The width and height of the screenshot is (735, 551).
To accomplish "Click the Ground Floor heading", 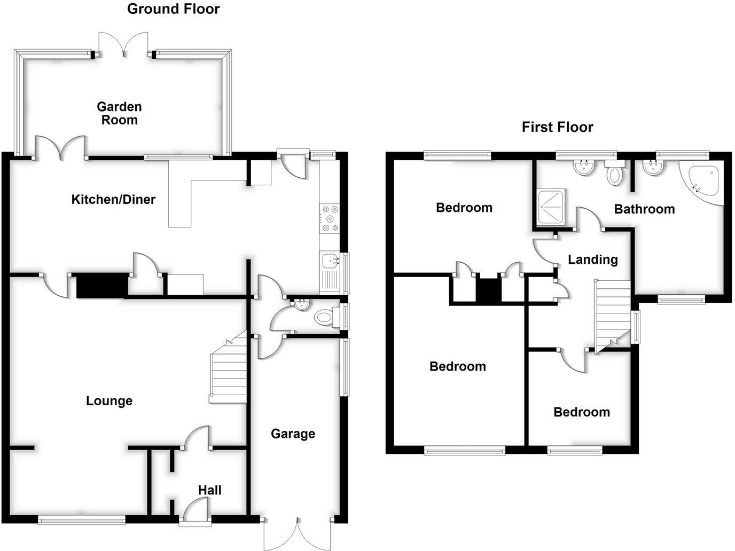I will pyautogui.click(x=173, y=9).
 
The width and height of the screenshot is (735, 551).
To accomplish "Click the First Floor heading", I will pyautogui.click(x=557, y=127).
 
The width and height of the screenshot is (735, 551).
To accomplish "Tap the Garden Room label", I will pyautogui.click(x=119, y=113).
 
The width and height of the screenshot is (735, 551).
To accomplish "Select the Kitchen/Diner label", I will pyautogui.click(x=113, y=200).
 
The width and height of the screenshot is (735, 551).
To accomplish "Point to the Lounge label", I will pyautogui.click(x=109, y=401).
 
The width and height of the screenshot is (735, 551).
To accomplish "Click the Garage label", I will pyautogui.click(x=292, y=434).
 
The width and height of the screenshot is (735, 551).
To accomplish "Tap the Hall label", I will pyautogui.click(x=209, y=490).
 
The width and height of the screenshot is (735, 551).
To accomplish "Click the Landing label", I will pyautogui.click(x=592, y=259).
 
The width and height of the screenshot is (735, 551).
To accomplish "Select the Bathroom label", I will pyautogui.click(x=644, y=209).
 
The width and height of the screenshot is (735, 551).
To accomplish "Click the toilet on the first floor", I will pyautogui.click(x=615, y=174).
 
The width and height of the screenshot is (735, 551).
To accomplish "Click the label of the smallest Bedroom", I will pyautogui.click(x=581, y=412).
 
